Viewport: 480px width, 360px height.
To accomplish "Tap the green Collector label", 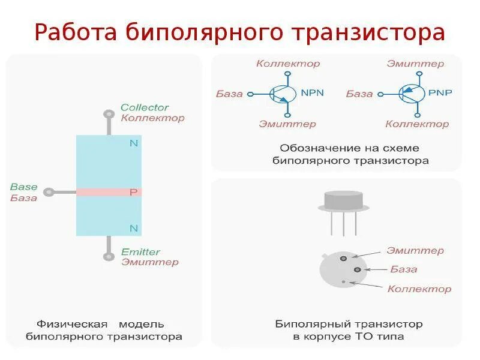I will click(x=145, y=107).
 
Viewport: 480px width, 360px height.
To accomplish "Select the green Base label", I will click(x=24, y=187).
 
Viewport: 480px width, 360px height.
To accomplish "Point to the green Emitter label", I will click(x=140, y=252).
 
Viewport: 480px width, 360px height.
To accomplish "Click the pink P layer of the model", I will click(x=109, y=192).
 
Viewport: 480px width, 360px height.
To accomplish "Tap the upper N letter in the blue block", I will click(x=134, y=143).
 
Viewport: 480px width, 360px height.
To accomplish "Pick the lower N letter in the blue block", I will click(x=134, y=228).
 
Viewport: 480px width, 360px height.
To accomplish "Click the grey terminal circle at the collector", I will click(x=109, y=113).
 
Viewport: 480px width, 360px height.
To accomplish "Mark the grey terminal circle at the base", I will click(x=49, y=192).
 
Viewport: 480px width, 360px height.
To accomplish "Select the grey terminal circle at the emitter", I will click(x=109, y=257).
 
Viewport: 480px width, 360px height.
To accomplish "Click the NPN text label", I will click(x=312, y=93).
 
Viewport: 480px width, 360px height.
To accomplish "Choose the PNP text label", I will click(x=440, y=93).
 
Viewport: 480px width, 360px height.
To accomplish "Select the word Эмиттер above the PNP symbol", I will click(x=415, y=64).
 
